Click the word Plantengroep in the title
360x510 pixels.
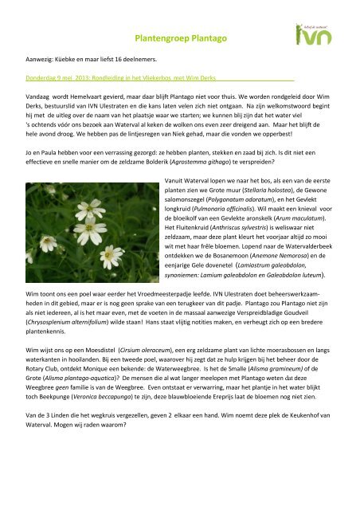pyautogui.click(x=161, y=36)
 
